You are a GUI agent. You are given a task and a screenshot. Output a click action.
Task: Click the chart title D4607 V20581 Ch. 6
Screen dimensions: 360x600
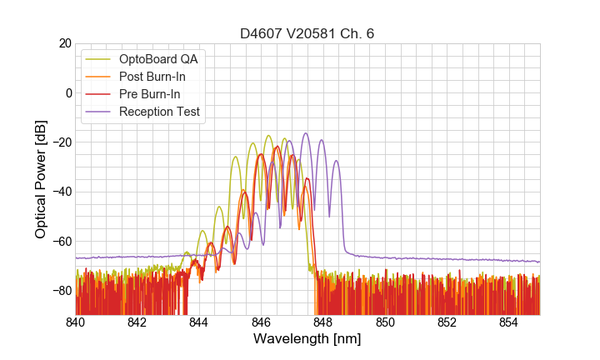coord(307,33)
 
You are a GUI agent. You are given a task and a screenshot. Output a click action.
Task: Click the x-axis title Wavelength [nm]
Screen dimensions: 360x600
coord(307,340)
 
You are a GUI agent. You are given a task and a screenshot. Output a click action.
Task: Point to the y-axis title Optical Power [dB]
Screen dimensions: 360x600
coord(41,179)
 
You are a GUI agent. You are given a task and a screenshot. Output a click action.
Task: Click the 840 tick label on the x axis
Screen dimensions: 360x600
coord(76,323)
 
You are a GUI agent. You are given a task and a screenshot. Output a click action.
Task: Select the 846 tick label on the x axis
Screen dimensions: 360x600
coord(261,323)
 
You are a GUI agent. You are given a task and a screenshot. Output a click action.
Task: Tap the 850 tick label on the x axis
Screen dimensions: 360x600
coord(385,323)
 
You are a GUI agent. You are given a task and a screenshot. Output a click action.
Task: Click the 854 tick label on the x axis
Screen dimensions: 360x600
coord(509,323)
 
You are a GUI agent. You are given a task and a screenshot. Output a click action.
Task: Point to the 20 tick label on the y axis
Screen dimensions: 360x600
coord(64,43)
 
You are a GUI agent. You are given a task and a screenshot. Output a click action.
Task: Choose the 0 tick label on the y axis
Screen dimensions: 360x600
coord(67,92)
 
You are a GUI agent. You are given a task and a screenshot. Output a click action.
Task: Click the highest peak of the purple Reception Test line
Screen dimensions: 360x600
coord(306,133)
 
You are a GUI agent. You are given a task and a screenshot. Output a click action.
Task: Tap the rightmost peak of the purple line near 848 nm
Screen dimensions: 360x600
coord(337,161)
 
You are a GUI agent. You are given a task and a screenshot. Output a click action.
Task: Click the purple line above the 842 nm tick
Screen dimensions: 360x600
coord(137,257)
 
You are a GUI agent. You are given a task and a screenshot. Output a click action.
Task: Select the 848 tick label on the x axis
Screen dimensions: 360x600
coord(323,323)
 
